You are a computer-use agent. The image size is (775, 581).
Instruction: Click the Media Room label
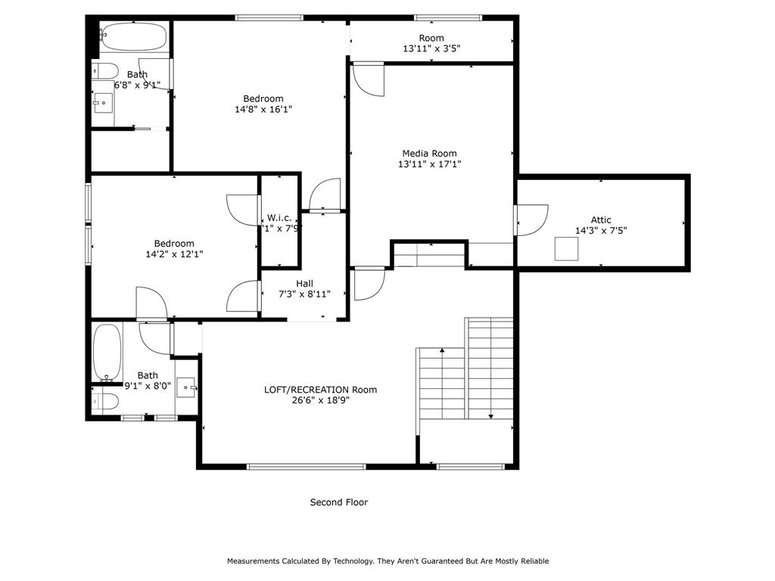pos(429,154)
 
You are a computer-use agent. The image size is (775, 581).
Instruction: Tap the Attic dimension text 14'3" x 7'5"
pos(601,231)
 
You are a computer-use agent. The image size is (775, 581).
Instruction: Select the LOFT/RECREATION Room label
pos(320,390)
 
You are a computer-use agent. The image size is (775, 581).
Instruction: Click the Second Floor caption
pos(339,502)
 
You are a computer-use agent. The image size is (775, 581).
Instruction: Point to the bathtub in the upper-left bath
pos(133,36)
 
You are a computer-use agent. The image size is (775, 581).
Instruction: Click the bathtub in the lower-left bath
pos(107,353)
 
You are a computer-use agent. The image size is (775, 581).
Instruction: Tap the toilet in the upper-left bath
pos(105,71)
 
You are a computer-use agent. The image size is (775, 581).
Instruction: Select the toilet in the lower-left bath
pos(105,401)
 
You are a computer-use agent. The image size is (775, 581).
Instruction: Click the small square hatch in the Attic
pos(566,249)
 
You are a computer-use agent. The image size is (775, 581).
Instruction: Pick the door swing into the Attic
pos(532,220)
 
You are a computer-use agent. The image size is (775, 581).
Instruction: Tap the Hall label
pos(304,283)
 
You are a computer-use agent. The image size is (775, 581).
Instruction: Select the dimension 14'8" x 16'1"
pos(263,109)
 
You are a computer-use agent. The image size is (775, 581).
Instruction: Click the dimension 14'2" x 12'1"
pos(174,254)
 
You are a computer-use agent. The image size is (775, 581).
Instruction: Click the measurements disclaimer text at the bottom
pos(387,561)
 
